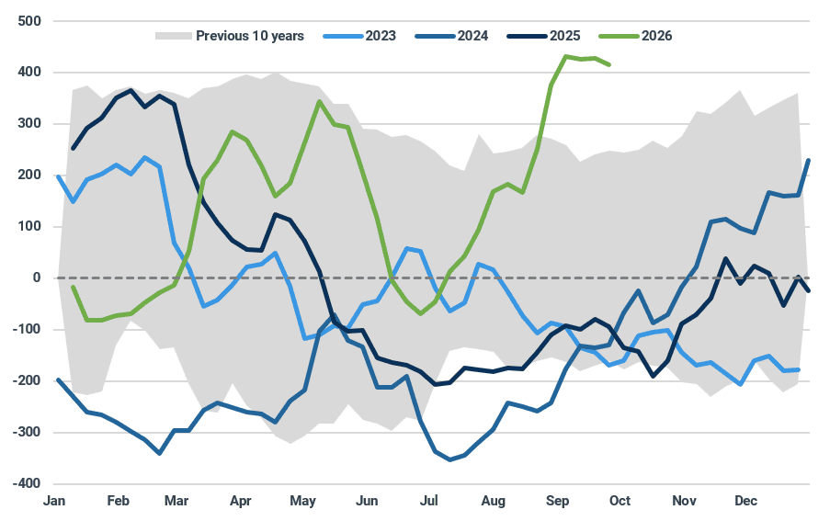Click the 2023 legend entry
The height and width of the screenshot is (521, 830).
click(x=359, y=36)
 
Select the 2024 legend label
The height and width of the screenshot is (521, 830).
click(x=472, y=36)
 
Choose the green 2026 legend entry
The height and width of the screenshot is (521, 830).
click(x=635, y=36)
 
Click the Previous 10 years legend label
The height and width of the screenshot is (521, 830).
click(x=250, y=36)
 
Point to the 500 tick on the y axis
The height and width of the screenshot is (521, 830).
click(x=29, y=21)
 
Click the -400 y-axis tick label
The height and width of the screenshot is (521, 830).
click(x=27, y=483)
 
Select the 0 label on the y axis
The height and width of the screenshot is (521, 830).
click(x=37, y=277)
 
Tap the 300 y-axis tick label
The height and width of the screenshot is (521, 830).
click(x=29, y=124)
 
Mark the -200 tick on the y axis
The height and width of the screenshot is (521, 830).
click(x=27, y=380)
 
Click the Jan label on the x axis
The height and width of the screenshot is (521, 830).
click(x=54, y=501)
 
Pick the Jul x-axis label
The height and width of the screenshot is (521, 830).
click(x=428, y=501)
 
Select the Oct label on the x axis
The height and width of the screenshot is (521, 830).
click(x=620, y=501)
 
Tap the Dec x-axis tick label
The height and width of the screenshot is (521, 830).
click(x=745, y=501)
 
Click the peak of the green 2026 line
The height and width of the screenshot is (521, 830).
click(x=566, y=56)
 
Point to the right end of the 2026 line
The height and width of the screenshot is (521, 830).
click(x=609, y=65)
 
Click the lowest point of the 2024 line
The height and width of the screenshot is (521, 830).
click(x=450, y=459)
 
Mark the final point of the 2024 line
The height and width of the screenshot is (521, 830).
click(x=809, y=160)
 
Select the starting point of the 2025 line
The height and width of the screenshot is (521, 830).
click(x=73, y=148)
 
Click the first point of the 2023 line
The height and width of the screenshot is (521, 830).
click(x=58, y=176)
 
